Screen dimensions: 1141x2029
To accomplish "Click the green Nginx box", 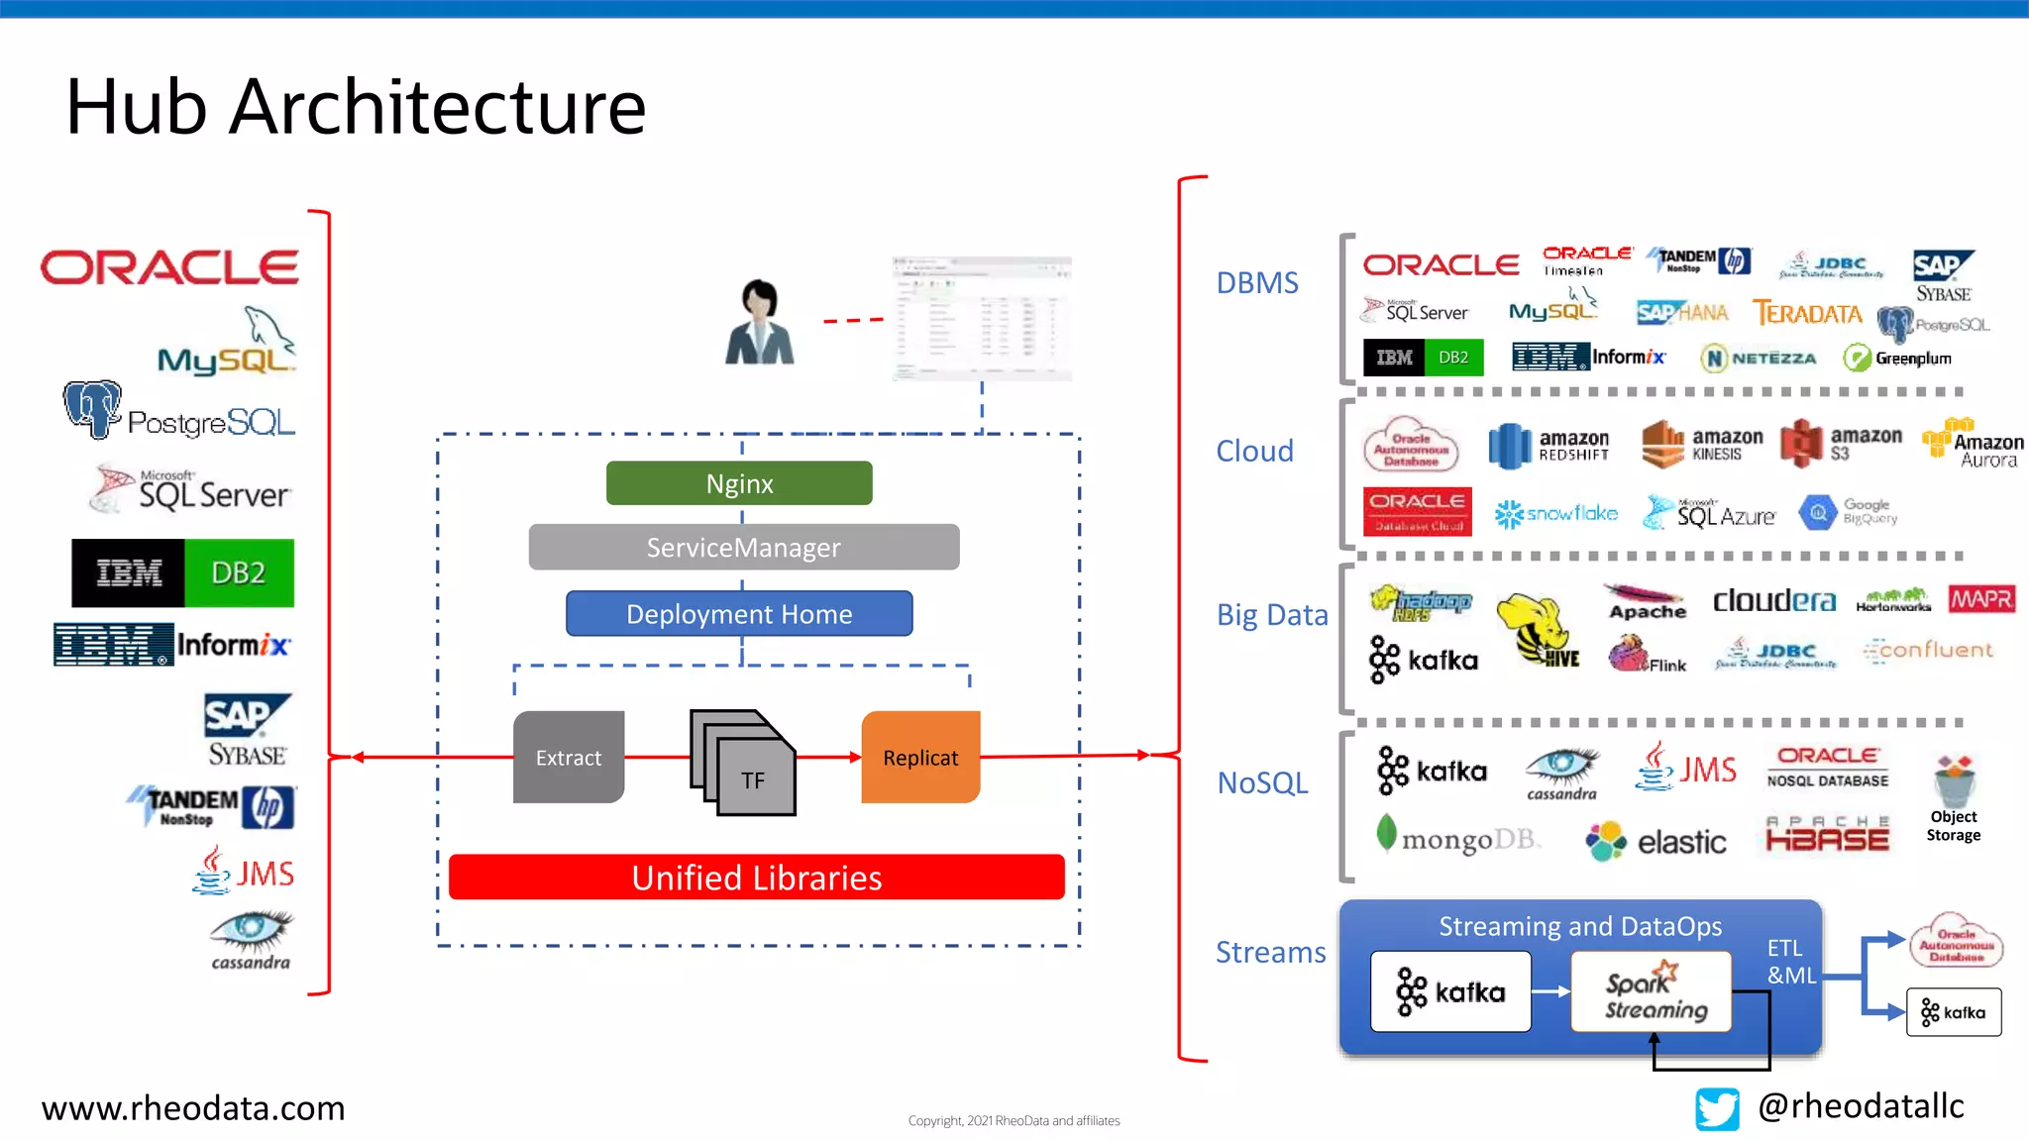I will point(739,483).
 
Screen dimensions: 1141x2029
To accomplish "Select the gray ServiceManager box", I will point(743,547).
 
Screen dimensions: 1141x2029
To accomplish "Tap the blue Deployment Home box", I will point(739,614).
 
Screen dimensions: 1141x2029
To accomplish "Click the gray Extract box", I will point(569,757).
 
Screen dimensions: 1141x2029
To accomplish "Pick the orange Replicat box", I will point(920,757).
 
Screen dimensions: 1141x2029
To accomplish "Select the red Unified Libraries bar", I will point(756,878).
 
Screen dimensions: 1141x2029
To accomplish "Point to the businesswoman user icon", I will point(760,323).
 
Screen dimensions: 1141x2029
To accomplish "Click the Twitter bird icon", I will point(1717,1108).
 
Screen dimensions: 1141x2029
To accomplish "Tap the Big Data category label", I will point(1272,615).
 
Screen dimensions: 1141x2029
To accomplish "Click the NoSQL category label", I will point(1262,782).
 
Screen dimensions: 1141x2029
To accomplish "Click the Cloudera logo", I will point(1773,600).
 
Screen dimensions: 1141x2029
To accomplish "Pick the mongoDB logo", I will point(1456,837).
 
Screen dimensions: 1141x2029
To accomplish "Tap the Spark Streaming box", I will point(1652,992).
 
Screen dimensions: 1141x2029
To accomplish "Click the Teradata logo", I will point(1807,313).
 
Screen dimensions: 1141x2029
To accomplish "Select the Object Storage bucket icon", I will point(1954,782).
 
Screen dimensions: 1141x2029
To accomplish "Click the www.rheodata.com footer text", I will point(193,1107).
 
